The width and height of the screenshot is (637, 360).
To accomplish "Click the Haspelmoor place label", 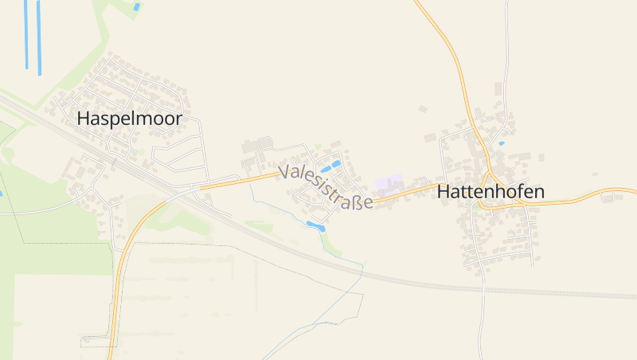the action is point(130,119).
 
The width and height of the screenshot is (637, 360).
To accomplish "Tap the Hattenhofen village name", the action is point(490,192).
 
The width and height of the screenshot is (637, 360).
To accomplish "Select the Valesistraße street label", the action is point(326,186).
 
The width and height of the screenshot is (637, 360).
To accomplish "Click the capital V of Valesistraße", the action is point(286,170).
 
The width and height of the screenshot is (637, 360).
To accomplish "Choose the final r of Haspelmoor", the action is point(179,119).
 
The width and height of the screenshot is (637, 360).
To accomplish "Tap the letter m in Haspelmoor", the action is point(143,119).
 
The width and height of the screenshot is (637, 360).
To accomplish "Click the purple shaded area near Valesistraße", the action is point(389,185).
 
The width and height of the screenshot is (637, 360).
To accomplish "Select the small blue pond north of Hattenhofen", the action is point(501,143).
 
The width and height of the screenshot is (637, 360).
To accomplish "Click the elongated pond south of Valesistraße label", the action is point(315,227).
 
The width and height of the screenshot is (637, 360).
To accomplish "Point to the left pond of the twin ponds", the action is point(326,170).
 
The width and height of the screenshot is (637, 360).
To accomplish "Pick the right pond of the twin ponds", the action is point(337,163).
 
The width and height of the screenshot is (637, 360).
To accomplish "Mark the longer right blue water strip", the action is point(38,36).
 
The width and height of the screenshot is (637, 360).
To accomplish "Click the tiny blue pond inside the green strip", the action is point(137,6).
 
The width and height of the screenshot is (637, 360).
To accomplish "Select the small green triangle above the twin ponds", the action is point(318,147).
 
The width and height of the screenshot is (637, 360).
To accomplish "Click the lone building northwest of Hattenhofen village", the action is point(423,108).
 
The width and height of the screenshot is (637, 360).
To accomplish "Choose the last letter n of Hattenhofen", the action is point(539,192).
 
